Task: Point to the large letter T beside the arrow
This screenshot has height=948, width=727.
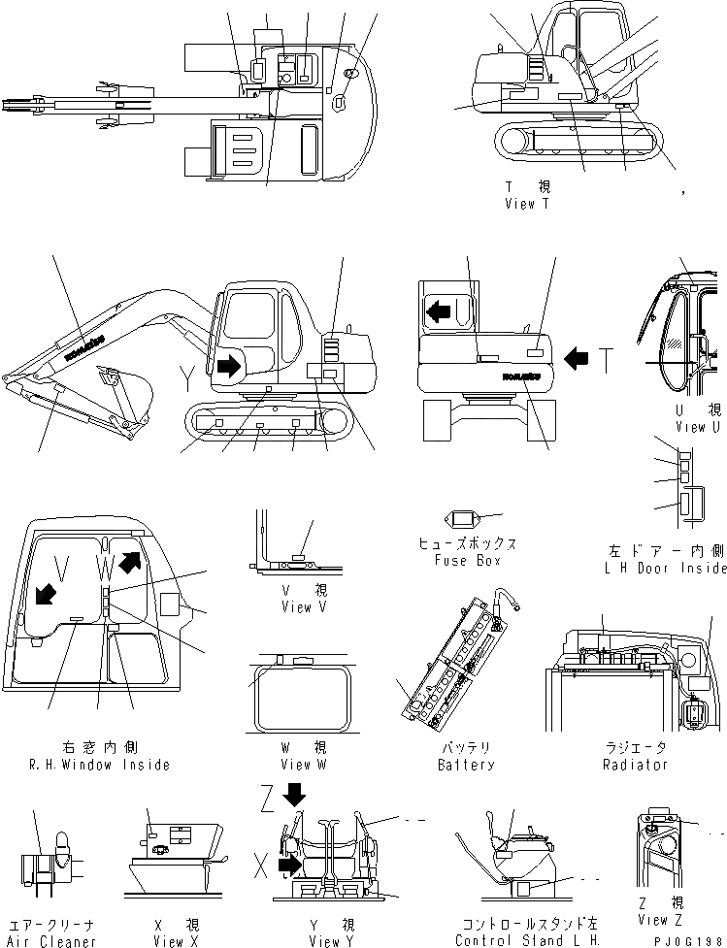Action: point(606,360)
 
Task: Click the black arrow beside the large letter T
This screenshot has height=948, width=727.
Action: point(577,359)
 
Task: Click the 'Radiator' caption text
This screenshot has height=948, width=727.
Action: point(635,764)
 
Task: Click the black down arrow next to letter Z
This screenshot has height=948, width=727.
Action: point(294,796)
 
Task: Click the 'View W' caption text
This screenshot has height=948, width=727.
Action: point(297,764)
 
